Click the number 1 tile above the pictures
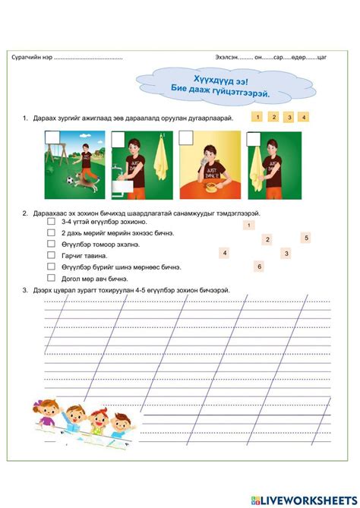257,117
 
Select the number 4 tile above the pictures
304,118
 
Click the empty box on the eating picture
186,137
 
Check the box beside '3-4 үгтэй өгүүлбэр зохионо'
51,222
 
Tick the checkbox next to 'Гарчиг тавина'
51,256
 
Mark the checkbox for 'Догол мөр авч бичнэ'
51,279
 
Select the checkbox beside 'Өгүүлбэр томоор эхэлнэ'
51,245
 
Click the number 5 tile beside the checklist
306,238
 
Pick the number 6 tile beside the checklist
259,267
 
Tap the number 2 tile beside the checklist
267,239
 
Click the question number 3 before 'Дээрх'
25,290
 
